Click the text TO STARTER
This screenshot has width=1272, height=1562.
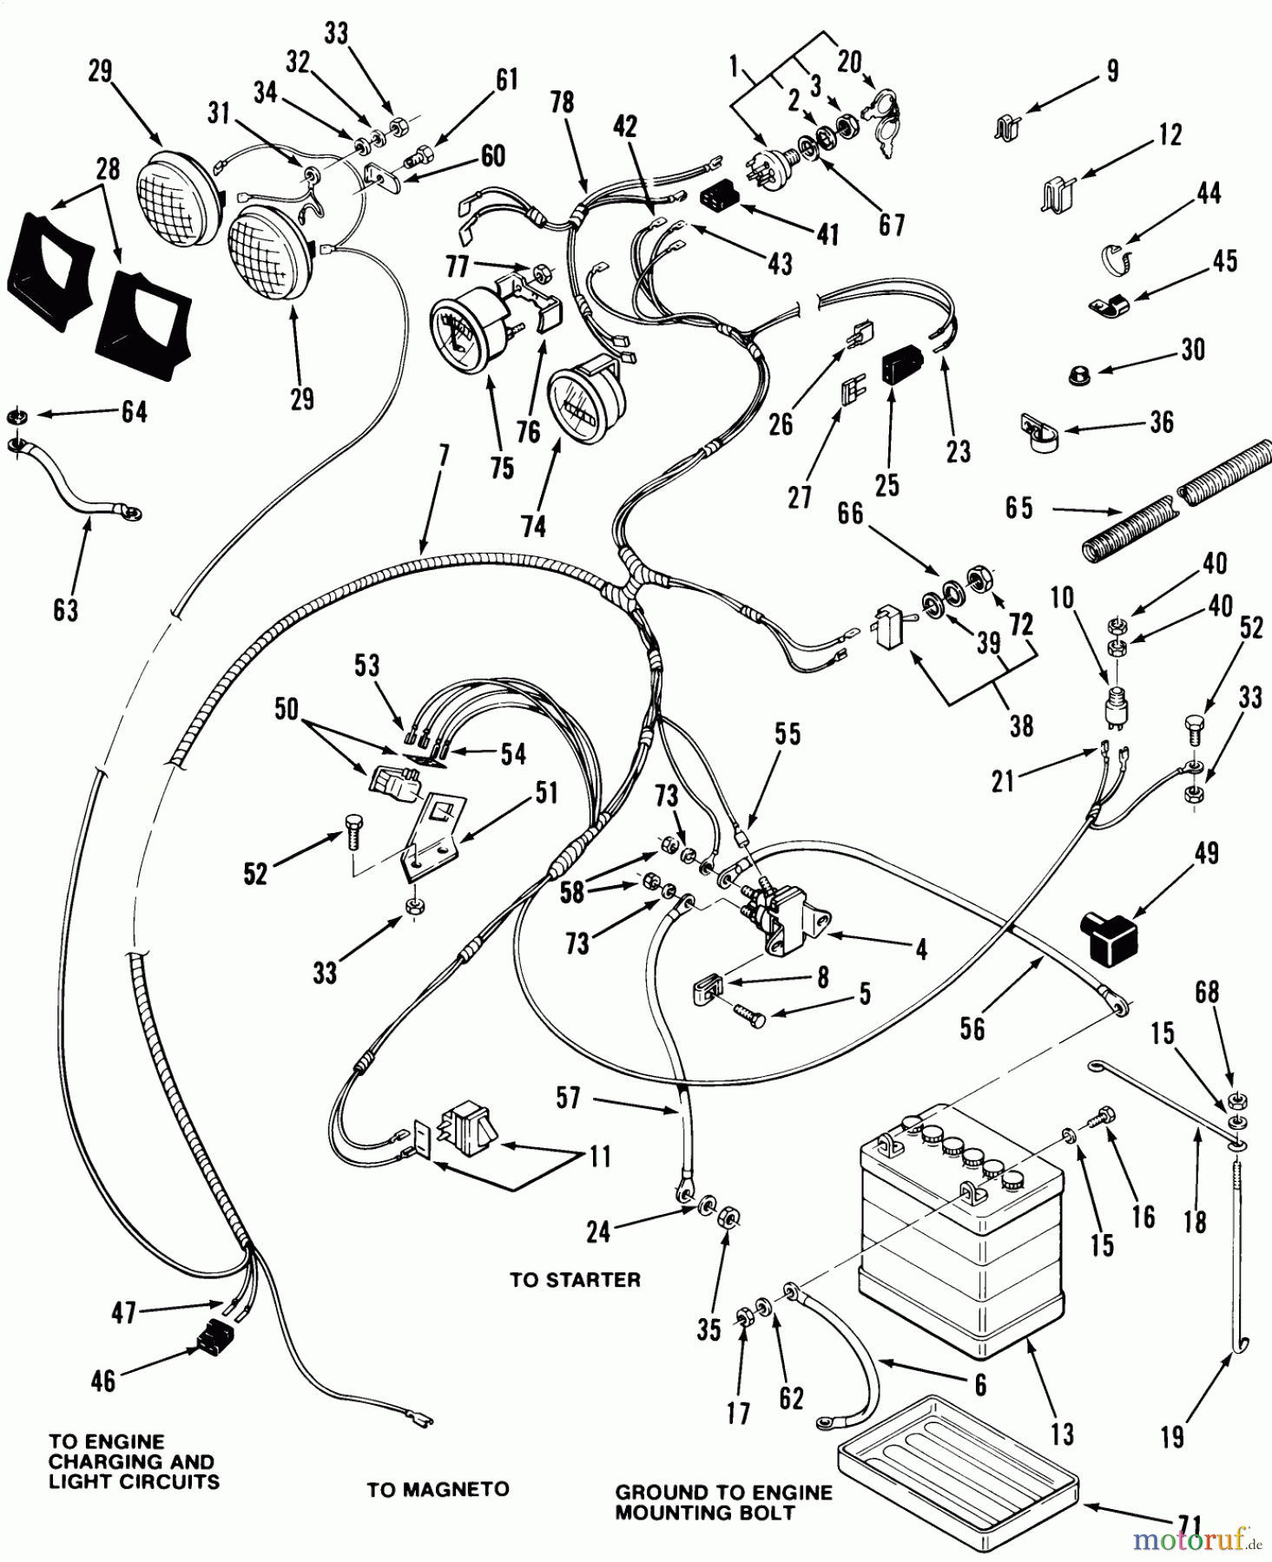575,1280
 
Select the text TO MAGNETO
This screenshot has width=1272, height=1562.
438,1489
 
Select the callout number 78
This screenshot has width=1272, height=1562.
562,102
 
